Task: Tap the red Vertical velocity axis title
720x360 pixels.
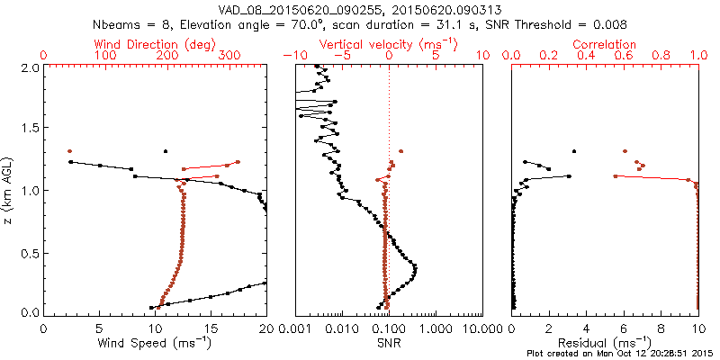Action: (389, 44)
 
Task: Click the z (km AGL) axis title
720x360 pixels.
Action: (11, 189)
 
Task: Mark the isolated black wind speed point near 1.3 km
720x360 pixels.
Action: (166, 151)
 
